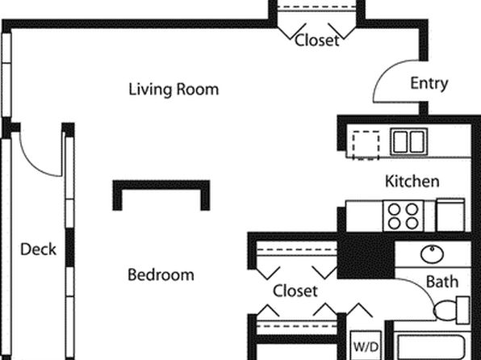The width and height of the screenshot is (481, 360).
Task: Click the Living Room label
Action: [x=174, y=90]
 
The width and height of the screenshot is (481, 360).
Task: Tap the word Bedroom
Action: [x=161, y=274]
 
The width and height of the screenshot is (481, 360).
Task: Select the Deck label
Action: [x=39, y=249]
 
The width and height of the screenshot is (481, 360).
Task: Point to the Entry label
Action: [x=429, y=83]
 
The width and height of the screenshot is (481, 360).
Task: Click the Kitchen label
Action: [x=412, y=182]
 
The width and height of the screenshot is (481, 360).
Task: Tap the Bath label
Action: [x=442, y=282]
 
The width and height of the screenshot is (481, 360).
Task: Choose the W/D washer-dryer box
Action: [x=366, y=345]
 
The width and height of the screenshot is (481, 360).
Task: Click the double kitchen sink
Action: [x=409, y=141]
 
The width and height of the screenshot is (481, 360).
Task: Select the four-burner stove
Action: [x=403, y=216]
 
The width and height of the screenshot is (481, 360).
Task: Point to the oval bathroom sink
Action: [x=433, y=254]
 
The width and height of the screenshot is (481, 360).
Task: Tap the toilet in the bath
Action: [x=452, y=310]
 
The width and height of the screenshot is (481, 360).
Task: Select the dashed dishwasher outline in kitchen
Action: [x=366, y=145]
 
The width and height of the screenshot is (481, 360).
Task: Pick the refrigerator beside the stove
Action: [x=450, y=215]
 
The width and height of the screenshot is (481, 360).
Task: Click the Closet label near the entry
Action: [x=317, y=40]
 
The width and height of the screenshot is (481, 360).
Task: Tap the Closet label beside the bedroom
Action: [x=295, y=291]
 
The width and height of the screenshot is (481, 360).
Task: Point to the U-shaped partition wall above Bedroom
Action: [x=161, y=185]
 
